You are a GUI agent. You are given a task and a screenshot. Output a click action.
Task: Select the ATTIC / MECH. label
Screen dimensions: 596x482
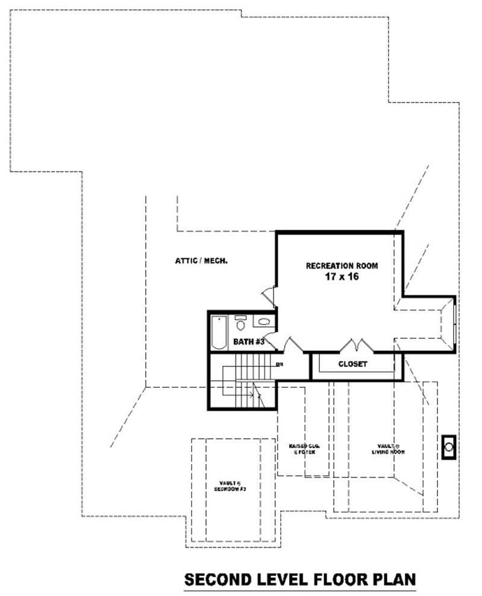[x=201, y=261]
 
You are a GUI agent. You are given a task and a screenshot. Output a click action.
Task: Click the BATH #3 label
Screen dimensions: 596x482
[x=249, y=342]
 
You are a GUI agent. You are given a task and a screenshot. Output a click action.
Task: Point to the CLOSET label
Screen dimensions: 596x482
[x=352, y=364]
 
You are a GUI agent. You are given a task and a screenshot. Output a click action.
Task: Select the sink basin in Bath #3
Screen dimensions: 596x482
[x=264, y=322]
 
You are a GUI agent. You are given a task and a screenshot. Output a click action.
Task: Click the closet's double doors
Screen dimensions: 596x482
[x=356, y=346]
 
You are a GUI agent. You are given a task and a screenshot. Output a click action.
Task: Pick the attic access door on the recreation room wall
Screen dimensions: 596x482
[x=269, y=295]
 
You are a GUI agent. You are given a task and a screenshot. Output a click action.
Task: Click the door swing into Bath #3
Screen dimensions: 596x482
[x=271, y=341]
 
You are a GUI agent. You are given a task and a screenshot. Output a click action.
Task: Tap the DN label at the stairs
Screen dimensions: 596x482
[x=279, y=364]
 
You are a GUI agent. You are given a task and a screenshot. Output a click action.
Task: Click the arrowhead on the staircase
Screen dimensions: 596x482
[x=260, y=396]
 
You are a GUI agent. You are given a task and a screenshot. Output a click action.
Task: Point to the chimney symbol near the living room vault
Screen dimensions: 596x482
[x=449, y=447]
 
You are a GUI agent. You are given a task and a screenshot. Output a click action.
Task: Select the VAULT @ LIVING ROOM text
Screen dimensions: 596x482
[x=387, y=448]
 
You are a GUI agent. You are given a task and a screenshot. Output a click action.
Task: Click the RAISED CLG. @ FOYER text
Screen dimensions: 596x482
[x=304, y=448]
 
